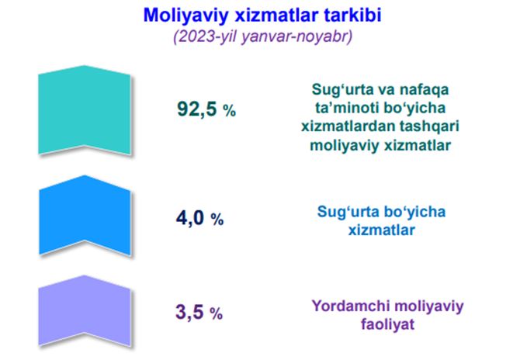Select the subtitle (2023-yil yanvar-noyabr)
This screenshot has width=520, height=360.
[x=262, y=36]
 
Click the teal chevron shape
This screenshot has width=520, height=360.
[x=85, y=110]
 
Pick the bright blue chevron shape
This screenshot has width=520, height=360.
[x=85, y=216]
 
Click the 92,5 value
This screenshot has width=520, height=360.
[x=197, y=109]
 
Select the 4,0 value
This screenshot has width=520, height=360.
[x=190, y=218]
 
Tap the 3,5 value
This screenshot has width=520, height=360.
[x=189, y=312]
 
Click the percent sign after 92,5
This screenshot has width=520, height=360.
[x=230, y=110]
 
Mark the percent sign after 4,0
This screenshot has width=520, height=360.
[x=217, y=219]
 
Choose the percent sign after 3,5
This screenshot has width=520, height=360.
[x=217, y=313]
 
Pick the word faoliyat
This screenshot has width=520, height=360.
[x=388, y=324]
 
